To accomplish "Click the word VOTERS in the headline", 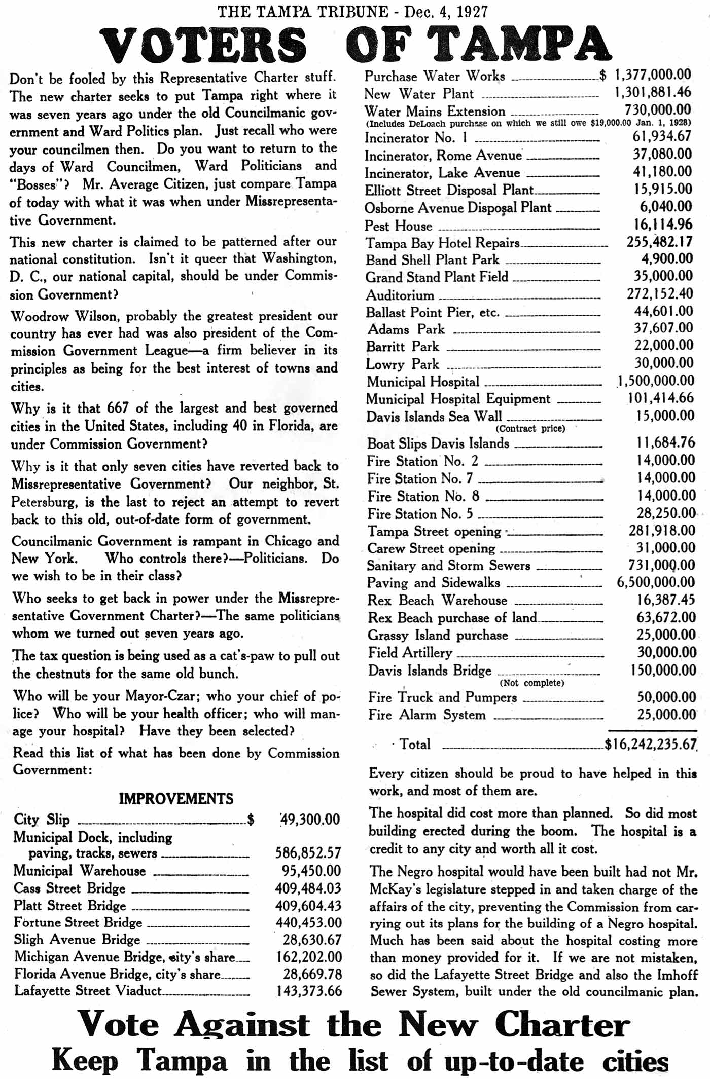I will [203, 45].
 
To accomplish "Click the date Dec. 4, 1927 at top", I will [446, 11].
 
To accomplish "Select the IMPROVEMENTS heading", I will [176, 799].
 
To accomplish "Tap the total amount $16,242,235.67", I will [651, 744].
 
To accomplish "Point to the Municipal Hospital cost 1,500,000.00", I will [655, 381].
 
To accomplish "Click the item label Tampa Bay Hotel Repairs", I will [443, 243].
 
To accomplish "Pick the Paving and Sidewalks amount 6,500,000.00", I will [656, 582].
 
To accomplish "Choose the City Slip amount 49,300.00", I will [310, 819].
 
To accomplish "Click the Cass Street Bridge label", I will [69, 888].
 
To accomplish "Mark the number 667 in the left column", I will [118, 408].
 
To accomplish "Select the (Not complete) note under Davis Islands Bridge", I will [531, 683].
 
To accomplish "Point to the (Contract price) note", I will [530, 428].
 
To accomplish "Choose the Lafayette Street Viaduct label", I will [88, 990].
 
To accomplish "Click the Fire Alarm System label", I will [427, 715].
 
